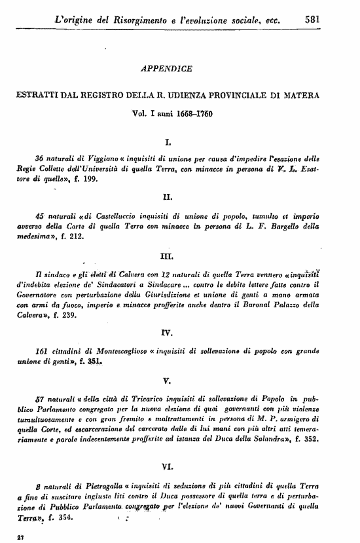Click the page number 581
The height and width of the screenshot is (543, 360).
pos(312,20)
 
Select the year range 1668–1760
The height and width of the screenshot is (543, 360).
pos(185,113)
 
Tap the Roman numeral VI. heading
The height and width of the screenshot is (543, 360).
pos(166,466)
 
